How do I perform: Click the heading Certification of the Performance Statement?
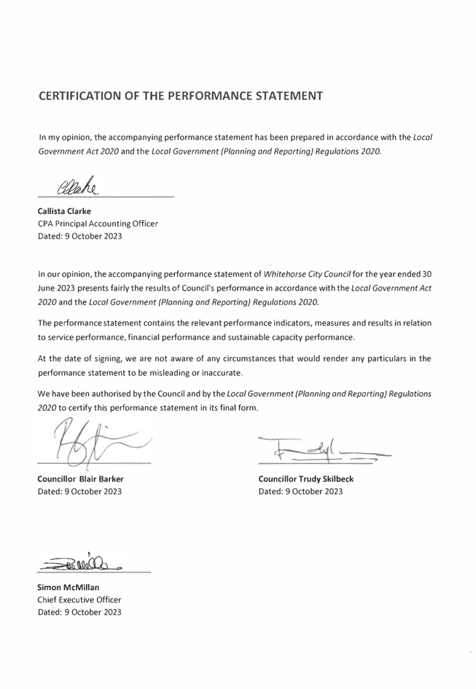coord(180,95)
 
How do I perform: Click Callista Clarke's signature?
coord(76,186)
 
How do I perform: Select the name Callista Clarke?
coord(64,211)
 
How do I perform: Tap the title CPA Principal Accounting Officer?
coord(97,224)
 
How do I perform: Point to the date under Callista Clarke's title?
coord(79,236)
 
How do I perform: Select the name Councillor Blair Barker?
coord(80,479)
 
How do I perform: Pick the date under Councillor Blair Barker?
coord(79,492)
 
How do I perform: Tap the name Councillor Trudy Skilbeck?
coord(305,479)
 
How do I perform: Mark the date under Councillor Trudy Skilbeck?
coord(300,492)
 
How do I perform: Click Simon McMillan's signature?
coord(82,562)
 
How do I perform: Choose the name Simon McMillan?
coord(69,587)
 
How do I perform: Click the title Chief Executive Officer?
coord(79,599)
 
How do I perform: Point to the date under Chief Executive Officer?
coord(79,612)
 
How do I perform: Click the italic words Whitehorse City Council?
coord(307,275)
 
